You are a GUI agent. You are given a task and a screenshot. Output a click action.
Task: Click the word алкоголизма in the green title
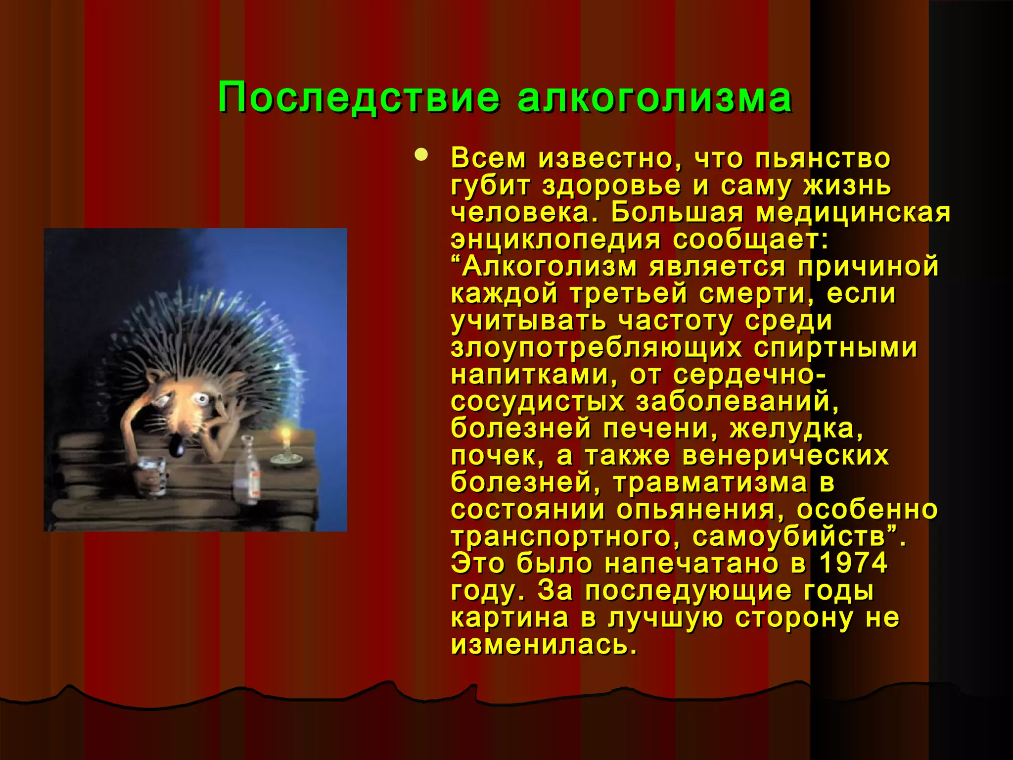655,97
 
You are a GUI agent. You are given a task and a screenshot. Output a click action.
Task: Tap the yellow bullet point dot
421,155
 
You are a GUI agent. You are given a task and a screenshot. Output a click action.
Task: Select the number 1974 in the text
853,564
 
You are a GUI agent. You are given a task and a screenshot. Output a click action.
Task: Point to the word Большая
677,213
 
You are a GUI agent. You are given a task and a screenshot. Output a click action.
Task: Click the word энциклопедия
555,240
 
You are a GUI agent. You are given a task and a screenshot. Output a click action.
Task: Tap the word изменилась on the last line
544,645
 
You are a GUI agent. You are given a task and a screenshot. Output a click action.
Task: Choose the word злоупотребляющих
597,348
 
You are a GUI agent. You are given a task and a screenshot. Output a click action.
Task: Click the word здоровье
611,186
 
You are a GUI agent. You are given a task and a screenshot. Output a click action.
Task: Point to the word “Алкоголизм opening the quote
544,267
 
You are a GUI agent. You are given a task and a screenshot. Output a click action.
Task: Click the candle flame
285,435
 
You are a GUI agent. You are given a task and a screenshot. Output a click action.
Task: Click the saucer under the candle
286,460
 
